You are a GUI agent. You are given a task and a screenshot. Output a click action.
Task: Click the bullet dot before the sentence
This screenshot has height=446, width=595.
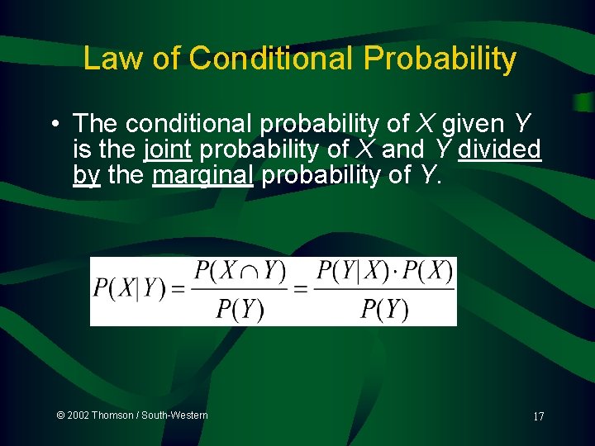pyautogui.click(x=53, y=125)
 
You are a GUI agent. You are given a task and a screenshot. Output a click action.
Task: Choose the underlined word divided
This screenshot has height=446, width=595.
pyautogui.click(x=499, y=149)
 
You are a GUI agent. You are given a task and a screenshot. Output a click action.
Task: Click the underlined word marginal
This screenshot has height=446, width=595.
pyautogui.click(x=202, y=176)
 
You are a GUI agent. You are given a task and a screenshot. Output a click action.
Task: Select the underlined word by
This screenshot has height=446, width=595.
pyautogui.click(x=86, y=177)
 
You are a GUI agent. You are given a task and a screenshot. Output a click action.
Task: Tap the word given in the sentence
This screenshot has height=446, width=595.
pyautogui.click(x=473, y=124)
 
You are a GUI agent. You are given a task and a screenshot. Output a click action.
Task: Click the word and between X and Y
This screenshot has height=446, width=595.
pyautogui.click(x=400, y=149)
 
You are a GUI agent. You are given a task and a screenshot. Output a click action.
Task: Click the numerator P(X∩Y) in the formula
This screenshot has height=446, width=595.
pyautogui.click(x=240, y=271)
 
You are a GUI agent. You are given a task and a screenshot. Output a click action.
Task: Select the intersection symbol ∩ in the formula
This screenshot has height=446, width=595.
pyautogui.click(x=249, y=272)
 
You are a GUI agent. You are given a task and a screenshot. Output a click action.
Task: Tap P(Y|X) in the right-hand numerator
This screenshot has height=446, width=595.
pyautogui.click(x=351, y=271)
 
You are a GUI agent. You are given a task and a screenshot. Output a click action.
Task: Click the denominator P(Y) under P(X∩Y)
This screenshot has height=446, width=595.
pyautogui.click(x=240, y=309)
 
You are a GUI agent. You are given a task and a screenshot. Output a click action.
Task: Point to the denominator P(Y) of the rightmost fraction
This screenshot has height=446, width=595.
pyautogui.click(x=384, y=309)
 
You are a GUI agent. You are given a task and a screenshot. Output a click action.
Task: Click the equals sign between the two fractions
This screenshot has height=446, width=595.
pyautogui.click(x=301, y=289)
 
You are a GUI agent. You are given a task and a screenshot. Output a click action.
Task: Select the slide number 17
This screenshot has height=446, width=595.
pyautogui.click(x=538, y=416)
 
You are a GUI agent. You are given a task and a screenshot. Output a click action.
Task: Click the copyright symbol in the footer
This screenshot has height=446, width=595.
pyautogui.click(x=61, y=415)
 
